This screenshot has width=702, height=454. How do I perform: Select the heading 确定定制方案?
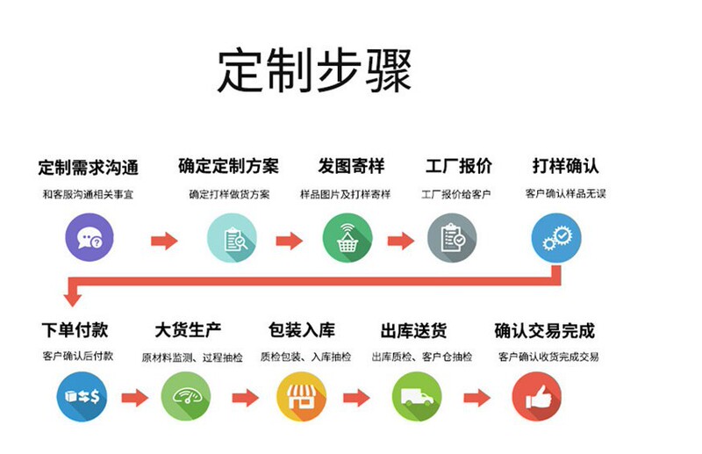[x=229, y=165]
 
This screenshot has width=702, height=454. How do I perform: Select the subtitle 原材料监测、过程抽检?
[x=190, y=357]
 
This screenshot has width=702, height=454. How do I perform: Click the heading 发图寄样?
[x=351, y=165]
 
